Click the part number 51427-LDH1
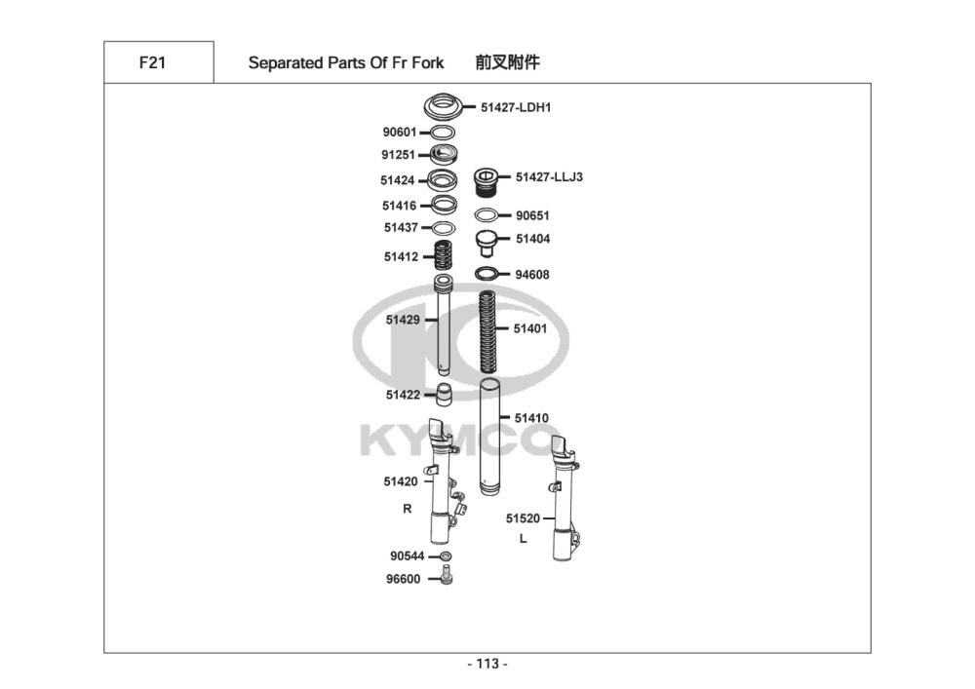click(516, 107)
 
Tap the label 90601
click(400, 132)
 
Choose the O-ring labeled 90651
click(488, 215)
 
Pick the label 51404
click(532, 239)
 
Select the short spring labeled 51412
click(444, 257)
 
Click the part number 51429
click(402, 319)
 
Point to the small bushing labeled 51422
click(444, 395)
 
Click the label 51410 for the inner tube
click(531, 418)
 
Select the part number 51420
click(400, 481)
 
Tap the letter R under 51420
click(408, 509)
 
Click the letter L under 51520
click(523, 538)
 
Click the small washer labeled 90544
click(446, 555)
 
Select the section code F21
click(152, 63)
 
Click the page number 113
click(487, 665)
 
